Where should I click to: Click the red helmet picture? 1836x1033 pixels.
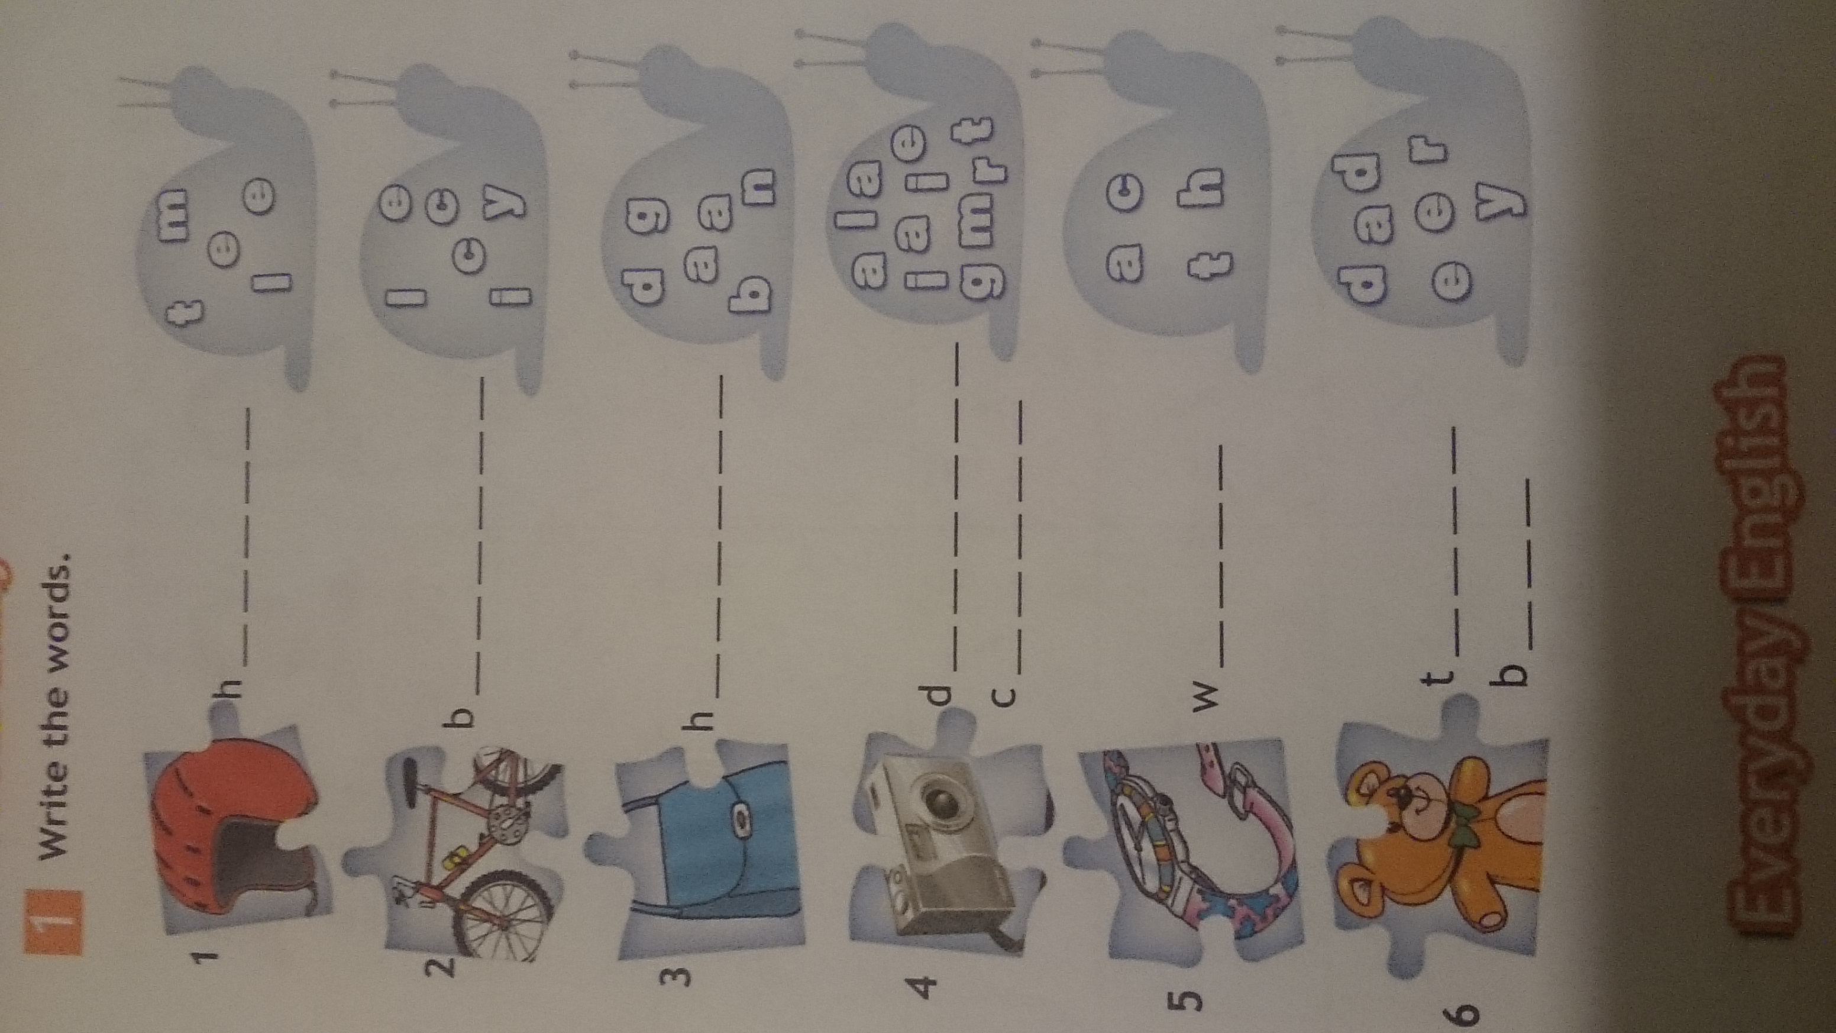point(235,838)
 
